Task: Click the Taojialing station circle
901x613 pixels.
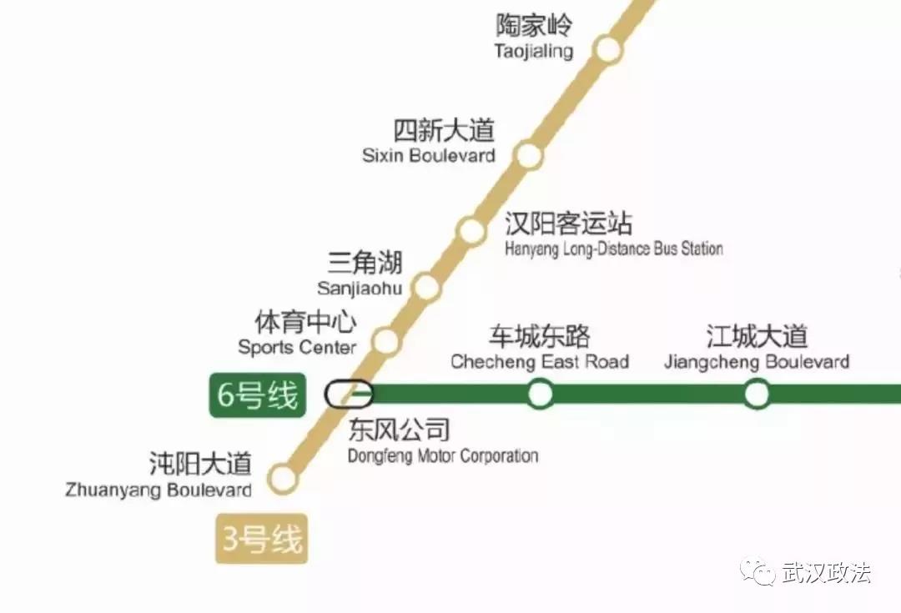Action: (609, 50)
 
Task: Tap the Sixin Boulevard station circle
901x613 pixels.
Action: (527, 154)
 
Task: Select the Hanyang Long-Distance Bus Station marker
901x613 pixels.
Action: (471, 229)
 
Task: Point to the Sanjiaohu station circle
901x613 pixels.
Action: (426, 287)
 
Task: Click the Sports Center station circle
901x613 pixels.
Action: (385, 340)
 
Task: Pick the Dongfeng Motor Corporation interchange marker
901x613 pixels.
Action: (350, 394)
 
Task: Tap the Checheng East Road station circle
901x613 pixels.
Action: (541, 393)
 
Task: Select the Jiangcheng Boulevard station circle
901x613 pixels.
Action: (757, 393)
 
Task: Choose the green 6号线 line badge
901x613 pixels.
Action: (257, 395)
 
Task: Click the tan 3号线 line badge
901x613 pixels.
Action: (261, 540)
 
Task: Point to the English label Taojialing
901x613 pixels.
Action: (534, 52)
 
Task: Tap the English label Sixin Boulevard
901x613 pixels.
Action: (429, 156)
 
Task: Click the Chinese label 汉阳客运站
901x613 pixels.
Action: (568, 224)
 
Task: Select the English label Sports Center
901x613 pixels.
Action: (297, 348)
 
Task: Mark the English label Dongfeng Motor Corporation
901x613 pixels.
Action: (443, 456)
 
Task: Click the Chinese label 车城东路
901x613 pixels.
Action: (539, 336)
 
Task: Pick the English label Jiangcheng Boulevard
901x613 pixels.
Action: (757, 362)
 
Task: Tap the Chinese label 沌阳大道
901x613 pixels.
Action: (200, 463)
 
